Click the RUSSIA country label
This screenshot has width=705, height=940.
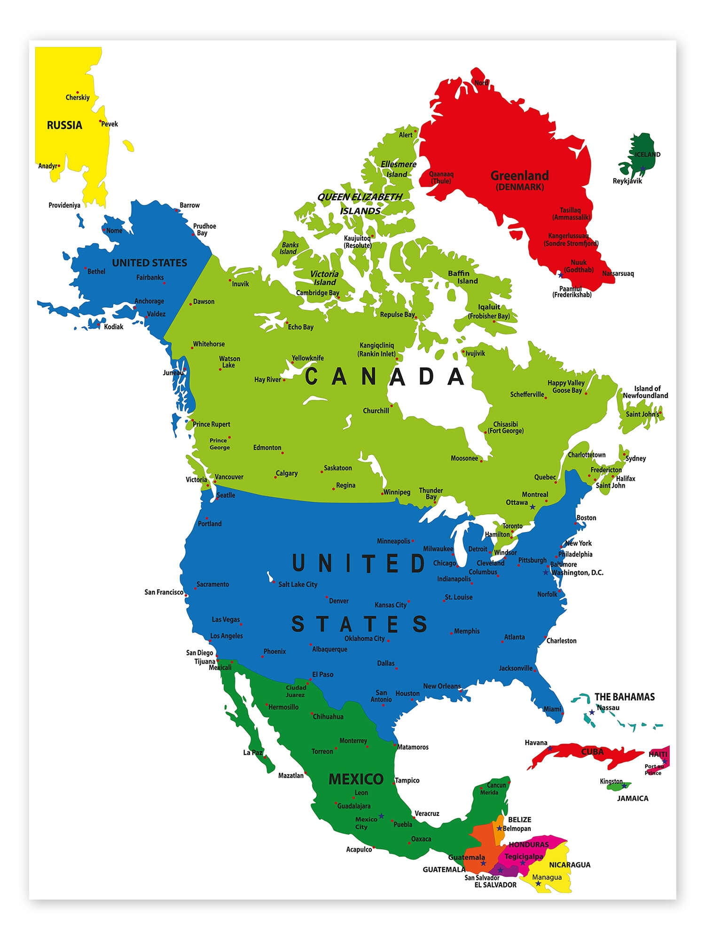[x=64, y=125]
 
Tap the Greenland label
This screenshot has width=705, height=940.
[x=519, y=176]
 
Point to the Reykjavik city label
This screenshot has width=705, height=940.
[x=627, y=181]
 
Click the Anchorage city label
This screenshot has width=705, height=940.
[x=149, y=301]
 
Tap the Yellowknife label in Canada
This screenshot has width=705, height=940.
[x=308, y=358]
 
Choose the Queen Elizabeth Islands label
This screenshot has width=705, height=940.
[x=360, y=204]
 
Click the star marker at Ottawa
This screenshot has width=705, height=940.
[x=533, y=507]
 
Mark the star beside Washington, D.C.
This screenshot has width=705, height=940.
[x=546, y=572]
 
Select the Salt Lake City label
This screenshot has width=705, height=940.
[x=298, y=584]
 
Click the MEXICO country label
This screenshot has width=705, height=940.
[x=356, y=779]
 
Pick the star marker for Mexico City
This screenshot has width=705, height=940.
[x=381, y=816]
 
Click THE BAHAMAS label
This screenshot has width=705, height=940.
[x=624, y=697]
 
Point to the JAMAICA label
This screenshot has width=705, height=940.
[x=633, y=798]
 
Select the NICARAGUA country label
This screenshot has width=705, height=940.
[x=570, y=864]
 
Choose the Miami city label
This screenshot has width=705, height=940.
[x=552, y=709]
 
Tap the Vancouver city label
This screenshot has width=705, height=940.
[x=229, y=477]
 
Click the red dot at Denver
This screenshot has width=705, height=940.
[x=327, y=598]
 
